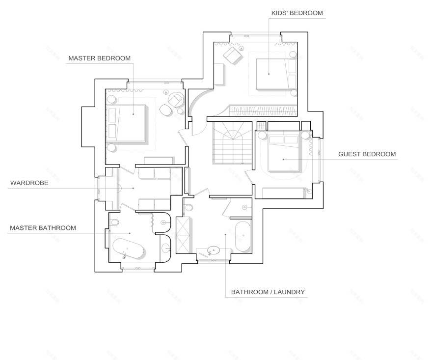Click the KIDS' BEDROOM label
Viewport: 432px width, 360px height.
297,13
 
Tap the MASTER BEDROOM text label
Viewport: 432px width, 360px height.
100,58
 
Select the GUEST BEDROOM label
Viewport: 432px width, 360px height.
367,154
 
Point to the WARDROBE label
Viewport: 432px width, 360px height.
29,183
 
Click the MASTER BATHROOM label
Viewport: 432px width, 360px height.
43,228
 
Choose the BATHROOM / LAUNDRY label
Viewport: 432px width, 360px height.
268,292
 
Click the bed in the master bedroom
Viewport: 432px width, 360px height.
127,123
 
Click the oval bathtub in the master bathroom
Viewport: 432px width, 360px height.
129,249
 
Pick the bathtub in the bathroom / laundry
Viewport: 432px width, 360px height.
243,236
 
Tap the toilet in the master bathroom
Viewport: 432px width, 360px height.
114,222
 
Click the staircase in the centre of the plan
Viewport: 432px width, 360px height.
233,143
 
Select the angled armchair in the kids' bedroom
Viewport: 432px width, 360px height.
233,56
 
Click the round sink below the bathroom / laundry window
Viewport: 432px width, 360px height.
213,250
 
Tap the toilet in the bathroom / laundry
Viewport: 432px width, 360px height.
188,207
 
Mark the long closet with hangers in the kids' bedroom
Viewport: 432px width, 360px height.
264,111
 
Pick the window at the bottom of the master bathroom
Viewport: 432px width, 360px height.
138,268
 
